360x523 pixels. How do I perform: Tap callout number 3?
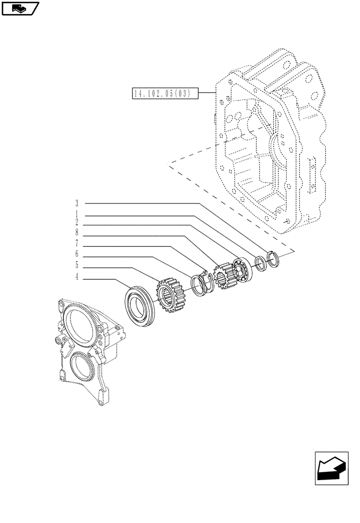pyautogui.click(x=76, y=203)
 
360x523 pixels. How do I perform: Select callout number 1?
pyautogui.click(x=76, y=214)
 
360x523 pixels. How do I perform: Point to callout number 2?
pyautogui.click(x=76, y=222)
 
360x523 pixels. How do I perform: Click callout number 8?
pyautogui.click(x=76, y=232)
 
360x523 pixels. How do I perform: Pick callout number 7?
pyautogui.click(x=76, y=243)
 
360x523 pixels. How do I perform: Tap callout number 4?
pyautogui.click(x=76, y=277)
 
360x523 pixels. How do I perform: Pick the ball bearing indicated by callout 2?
pyautogui.click(x=242, y=268)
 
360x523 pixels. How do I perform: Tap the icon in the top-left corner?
pyautogui.click(x=20, y=8)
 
